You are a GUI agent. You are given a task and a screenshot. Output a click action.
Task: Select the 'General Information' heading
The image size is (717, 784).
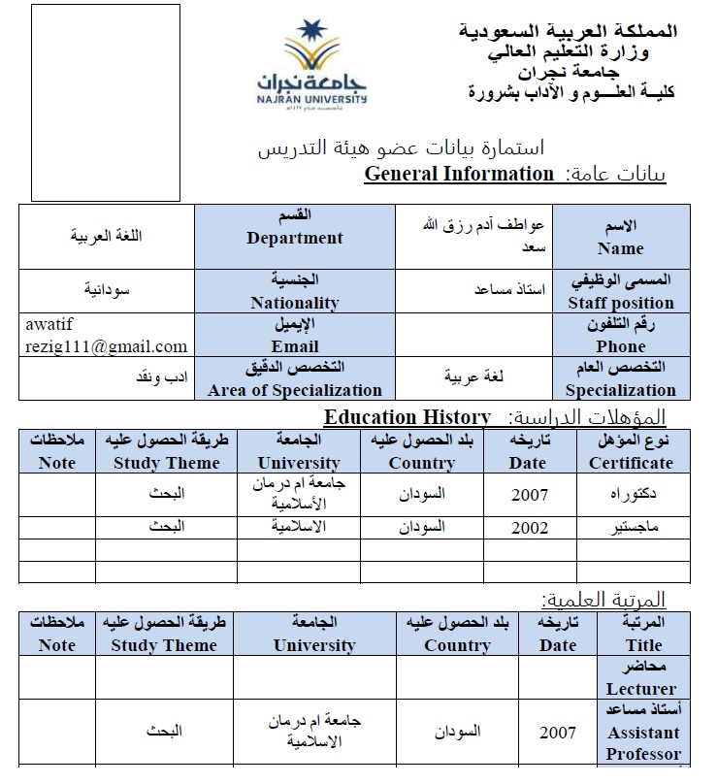coord(458,174)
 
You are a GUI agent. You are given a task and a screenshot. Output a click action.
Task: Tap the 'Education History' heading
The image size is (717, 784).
coord(407,417)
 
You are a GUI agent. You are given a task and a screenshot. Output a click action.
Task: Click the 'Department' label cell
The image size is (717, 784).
coord(295,238)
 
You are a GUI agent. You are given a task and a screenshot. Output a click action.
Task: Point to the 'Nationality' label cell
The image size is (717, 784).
coord(295,291)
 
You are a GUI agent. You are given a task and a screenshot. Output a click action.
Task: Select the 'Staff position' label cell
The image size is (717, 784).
coord(621,291)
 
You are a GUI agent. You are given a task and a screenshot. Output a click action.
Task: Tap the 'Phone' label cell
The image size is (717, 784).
coord(621,336)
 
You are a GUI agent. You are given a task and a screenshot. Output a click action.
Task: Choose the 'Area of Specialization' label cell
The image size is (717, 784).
coord(295,378)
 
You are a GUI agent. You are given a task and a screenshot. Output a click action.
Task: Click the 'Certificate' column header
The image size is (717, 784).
coord(631,451)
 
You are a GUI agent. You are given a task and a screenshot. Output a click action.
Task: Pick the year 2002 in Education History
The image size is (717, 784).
coord(530,528)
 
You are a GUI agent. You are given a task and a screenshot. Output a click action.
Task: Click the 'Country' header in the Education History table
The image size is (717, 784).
coord(421,451)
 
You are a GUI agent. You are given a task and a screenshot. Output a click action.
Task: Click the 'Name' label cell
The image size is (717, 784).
coord(621,238)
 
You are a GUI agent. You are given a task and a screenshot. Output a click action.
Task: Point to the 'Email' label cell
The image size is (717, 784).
coord(295,336)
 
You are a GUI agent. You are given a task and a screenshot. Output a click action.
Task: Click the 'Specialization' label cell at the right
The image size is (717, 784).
coord(621,378)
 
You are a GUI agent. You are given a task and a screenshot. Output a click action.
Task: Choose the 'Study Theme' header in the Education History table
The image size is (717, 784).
coord(166,451)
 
